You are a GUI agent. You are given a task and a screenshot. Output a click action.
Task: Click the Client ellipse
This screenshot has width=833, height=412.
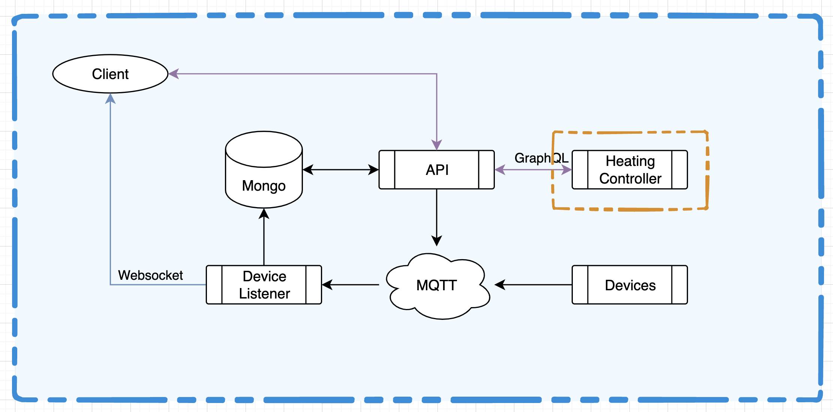click(110, 74)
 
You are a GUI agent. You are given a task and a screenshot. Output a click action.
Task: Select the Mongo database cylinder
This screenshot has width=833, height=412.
click(264, 176)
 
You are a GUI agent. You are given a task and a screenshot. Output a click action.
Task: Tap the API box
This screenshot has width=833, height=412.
click(437, 170)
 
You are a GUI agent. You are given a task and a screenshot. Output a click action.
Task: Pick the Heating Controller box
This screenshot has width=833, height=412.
click(630, 170)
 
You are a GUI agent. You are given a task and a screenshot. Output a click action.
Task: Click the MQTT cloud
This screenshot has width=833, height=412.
click(437, 285)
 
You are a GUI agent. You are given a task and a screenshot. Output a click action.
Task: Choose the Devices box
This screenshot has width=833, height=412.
click(630, 285)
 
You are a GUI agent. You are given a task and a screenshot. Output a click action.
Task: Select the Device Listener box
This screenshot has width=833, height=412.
click(264, 285)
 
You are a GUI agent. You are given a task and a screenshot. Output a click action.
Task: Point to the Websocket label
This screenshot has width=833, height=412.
click(150, 275)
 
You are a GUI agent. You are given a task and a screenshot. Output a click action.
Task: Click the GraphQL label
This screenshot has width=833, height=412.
click(541, 158)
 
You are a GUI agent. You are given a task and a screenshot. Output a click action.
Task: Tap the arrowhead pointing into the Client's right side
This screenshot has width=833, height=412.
click(173, 74)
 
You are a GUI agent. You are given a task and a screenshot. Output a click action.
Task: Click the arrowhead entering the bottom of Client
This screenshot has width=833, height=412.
click(110, 99)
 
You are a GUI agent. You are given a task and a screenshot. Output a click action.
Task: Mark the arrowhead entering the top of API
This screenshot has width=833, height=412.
click(437, 145)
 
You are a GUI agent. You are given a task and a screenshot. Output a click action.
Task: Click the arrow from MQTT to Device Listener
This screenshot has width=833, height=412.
click(351, 285)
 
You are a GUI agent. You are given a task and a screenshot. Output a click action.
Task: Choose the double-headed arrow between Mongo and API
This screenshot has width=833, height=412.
click(340, 170)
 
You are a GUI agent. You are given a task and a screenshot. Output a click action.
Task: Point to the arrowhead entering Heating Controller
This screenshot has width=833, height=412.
click(566, 170)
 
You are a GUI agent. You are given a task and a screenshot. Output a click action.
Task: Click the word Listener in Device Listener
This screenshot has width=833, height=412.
click(265, 294)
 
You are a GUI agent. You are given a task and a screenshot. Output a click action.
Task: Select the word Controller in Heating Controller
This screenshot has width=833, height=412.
click(630, 179)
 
